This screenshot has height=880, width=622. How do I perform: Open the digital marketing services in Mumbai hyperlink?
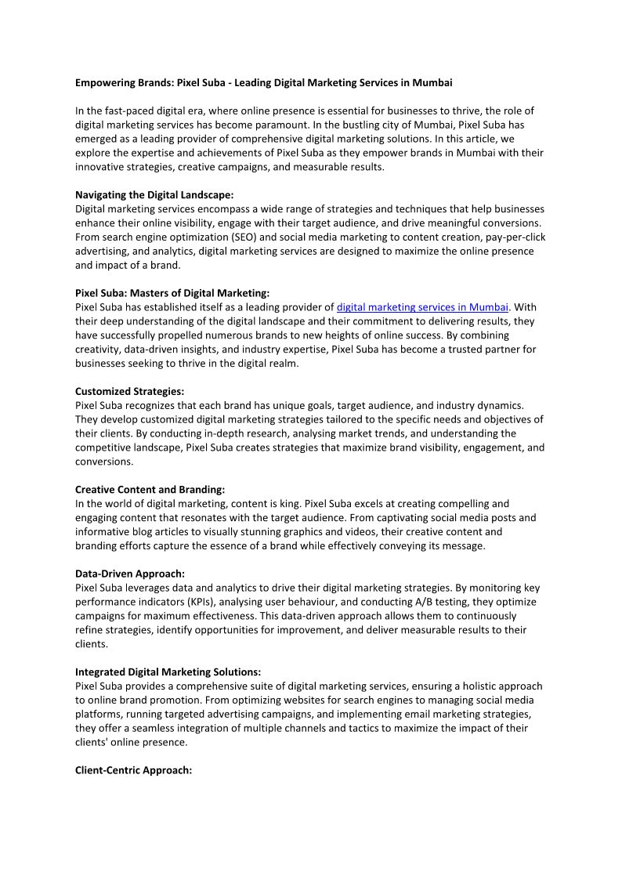point(422,307)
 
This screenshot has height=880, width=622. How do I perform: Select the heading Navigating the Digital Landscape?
point(154,195)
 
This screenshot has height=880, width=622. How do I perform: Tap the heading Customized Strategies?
point(129,391)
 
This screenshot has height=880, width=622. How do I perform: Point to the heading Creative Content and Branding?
point(150,490)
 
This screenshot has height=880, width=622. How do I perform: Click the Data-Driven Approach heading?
point(130,574)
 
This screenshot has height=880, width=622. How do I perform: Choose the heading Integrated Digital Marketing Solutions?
point(168,672)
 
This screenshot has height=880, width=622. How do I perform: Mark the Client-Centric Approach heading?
point(133,770)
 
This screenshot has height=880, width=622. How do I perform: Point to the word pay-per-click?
point(514,237)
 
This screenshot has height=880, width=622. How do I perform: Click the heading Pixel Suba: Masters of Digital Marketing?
point(172,293)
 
